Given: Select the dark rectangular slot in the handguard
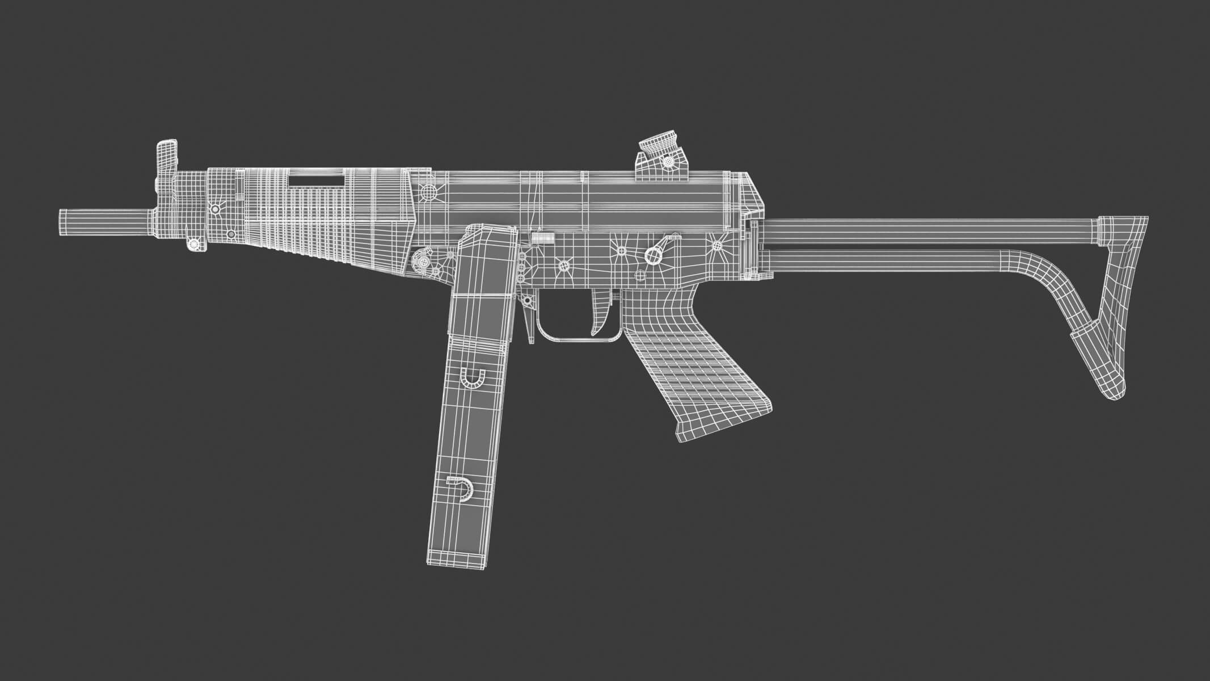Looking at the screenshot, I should click(x=317, y=180).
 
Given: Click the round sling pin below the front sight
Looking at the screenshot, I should click(x=195, y=244).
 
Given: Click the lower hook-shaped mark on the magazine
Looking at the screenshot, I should click(x=462, y=489).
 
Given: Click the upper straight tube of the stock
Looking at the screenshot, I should click(x=930, y=232).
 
